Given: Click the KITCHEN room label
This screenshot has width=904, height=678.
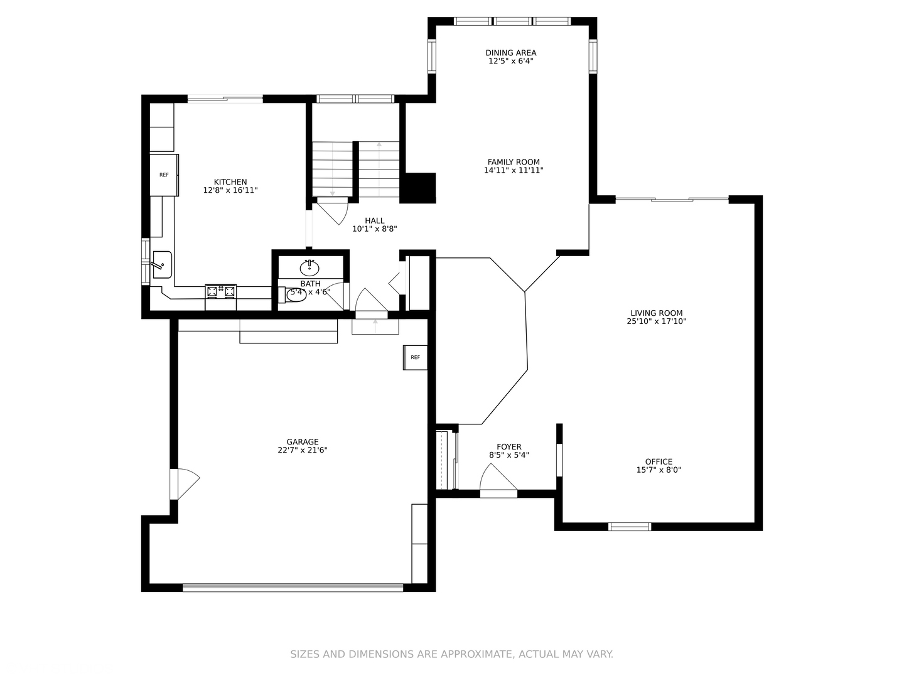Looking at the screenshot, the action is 230,182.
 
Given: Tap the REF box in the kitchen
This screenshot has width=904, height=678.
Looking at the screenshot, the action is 164,175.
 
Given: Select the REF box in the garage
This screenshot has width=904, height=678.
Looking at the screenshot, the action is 415,357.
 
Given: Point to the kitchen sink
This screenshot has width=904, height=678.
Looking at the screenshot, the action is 162,265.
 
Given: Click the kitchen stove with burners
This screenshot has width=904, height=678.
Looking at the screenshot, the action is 221,291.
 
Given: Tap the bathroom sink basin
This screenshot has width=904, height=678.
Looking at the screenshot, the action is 309,269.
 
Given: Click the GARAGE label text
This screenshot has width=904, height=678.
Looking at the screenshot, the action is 303,442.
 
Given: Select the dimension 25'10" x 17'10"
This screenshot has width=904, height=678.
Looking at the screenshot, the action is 657,321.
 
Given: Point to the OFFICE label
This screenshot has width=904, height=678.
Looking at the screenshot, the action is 659,462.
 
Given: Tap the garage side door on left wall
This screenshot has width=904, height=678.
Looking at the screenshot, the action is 185,483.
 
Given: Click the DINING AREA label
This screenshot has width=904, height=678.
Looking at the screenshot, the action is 510,53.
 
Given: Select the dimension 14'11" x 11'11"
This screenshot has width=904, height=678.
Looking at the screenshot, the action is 514,170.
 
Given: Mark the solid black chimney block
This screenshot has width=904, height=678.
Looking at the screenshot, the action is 417,188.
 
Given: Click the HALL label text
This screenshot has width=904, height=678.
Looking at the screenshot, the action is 374,220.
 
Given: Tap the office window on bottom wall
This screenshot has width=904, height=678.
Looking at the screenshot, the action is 630,527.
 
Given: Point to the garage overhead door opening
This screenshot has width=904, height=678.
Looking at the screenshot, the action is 293,588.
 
